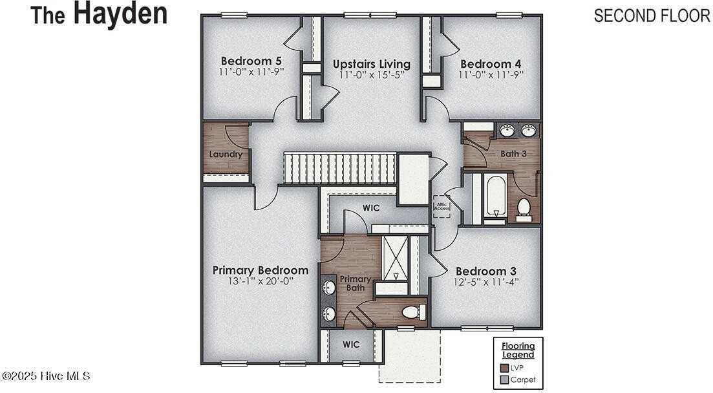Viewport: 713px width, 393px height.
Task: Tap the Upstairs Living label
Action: click(371, 64)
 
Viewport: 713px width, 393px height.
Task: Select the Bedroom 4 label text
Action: click(491, 64)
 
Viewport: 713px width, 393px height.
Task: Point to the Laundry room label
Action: click(226, 154)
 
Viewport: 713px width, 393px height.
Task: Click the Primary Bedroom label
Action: click(261, 270)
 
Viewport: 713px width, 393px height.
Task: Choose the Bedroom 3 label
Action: click(485, 271)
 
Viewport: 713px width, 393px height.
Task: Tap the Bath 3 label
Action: click(514, 154)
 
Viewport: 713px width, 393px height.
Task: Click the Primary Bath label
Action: click(356, 283)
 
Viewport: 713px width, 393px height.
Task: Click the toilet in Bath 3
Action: click(524, 209)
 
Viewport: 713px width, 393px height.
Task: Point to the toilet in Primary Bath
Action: click(412, 313)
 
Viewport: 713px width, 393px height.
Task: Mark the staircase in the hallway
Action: click(339, 168)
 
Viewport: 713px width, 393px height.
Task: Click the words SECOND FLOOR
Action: click(652, 16)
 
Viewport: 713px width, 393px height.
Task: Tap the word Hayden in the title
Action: click(120, 14)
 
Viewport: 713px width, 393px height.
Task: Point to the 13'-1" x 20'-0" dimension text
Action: click(261, 282)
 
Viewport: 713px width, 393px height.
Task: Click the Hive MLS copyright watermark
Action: click(46, 376)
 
